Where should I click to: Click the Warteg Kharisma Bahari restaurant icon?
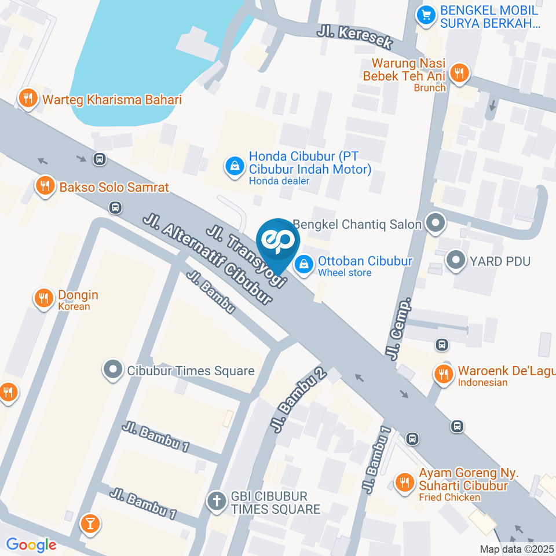pos(27,99)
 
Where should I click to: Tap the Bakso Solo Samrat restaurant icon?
pos(45,186)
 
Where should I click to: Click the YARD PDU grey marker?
pos(456,261)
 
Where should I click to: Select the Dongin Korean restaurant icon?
pos(43,298)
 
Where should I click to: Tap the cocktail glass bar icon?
pos(90,524)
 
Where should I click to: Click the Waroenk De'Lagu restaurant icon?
pos(444,374)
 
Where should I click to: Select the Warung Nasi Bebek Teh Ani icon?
pos(460,73)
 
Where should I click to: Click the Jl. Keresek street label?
pos(355,36)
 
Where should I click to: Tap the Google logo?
pos(31,544)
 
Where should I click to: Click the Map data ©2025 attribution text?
pos(517,549)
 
